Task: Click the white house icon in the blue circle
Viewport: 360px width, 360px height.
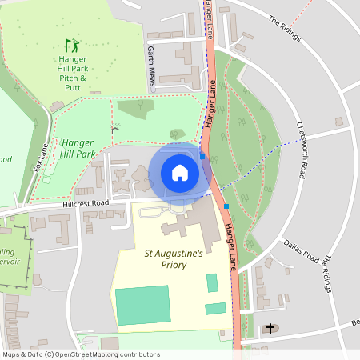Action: pos(180,172)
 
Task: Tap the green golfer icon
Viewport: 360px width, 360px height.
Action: pos(73,46)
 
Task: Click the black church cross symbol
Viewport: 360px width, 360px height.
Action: pos(271,328)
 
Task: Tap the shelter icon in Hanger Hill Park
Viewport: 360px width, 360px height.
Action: pos(114,128)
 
